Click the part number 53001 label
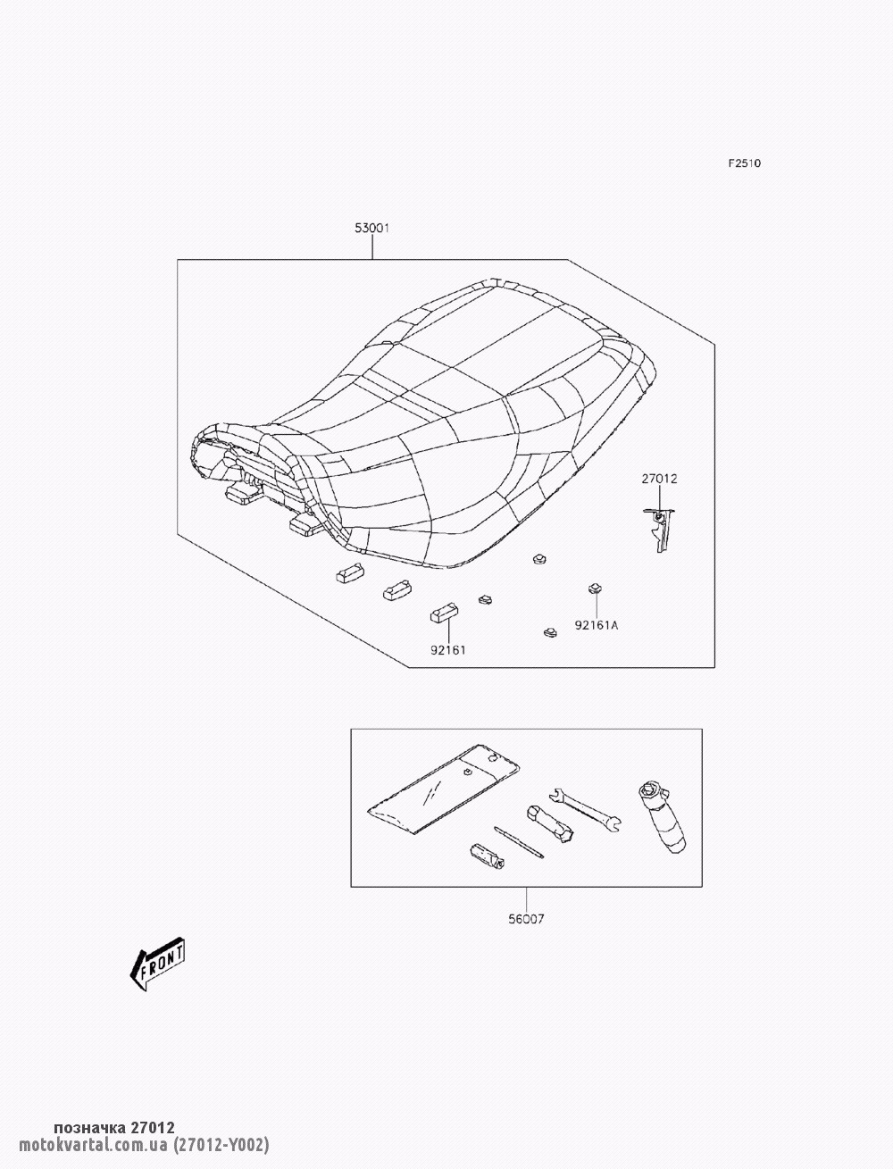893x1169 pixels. click(x=371, y=228)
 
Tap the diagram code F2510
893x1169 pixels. click(x=745, y=163)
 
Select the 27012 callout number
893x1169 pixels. click(x=659, y=479)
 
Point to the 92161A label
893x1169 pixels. click(x=597, y=625)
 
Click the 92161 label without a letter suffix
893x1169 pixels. click(x=448, y=650)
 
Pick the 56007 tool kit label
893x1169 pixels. click(x=526, y=919)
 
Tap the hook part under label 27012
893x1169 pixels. click(x=659, y=530)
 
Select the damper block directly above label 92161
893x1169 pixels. click(x=445, y=613)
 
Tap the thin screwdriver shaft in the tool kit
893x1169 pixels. click(x=519, y=842)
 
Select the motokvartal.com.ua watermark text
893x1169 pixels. click(x=93, y=1145)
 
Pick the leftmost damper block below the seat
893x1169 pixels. click(x=350, y=572)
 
